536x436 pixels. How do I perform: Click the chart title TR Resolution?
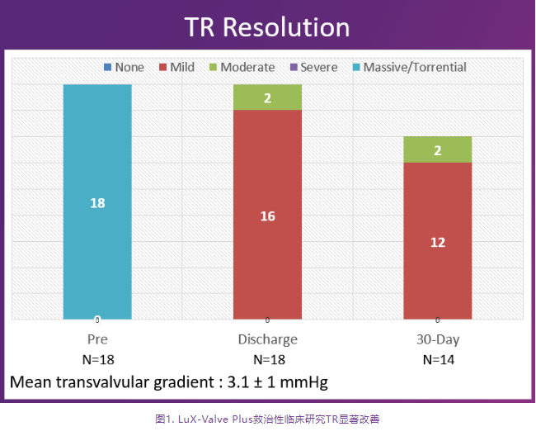(267, 26)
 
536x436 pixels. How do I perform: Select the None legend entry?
(124, 67)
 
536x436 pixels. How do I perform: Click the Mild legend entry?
(176, 67)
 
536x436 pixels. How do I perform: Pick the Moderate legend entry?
(241, 67)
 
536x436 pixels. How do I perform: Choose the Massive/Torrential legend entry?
(407, 67)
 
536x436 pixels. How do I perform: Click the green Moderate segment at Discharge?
(267, 97)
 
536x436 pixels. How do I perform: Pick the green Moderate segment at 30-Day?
(437, 149)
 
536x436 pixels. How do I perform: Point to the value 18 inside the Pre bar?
(97, 202)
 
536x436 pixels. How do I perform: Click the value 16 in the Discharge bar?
(267, 216)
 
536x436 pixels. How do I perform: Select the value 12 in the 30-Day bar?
(437, 242)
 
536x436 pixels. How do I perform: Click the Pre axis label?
(97, 339)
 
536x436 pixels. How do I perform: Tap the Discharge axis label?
(267, 339)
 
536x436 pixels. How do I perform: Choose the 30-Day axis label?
(437, 339)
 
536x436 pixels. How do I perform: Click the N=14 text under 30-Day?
(437, 359)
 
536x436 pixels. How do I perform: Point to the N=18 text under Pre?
(97, 359)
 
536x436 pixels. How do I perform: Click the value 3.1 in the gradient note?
(236, 383)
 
